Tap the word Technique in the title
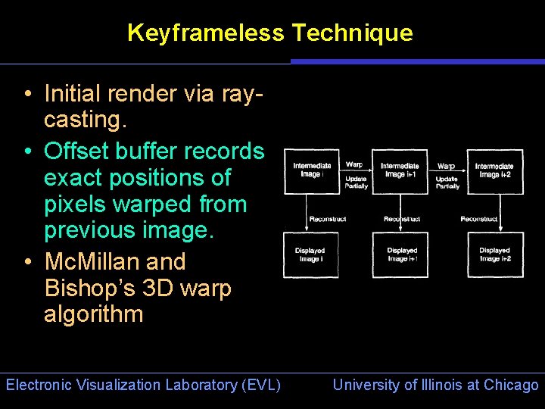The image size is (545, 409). [352, 33]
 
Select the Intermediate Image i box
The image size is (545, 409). [310, 171]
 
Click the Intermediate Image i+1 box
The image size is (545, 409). [400, 171]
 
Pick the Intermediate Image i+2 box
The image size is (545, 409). [495, 171]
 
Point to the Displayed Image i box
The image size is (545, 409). [310, 254]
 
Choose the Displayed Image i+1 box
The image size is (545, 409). [401, 254]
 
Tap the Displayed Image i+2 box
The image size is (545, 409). [495, 254]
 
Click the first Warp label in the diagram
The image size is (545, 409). [353, 164]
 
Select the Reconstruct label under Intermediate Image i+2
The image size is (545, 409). [479, 219]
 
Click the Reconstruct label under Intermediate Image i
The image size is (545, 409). [328, 219]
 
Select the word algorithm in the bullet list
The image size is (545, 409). [93, 315]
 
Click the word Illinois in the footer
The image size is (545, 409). [437, 385]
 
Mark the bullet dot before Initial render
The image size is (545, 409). [26, 95]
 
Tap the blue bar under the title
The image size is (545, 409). [417, 61]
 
